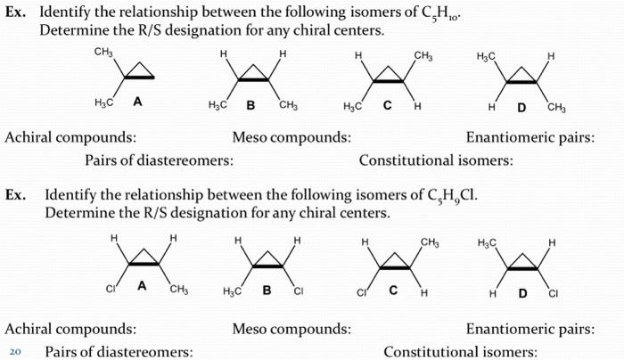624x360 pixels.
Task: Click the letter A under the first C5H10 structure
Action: point(137,101)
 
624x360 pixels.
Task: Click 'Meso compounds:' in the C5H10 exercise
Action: point(291,138)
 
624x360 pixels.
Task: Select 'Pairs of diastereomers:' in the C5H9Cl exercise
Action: point(119,351)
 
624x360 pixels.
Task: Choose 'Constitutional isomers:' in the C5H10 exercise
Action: point(436,160)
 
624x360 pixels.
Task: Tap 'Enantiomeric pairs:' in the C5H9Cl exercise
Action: point(530,329)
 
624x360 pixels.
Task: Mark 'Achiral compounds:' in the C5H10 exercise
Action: point(71,138)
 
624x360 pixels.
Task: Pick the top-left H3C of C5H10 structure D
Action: point(487,56)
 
